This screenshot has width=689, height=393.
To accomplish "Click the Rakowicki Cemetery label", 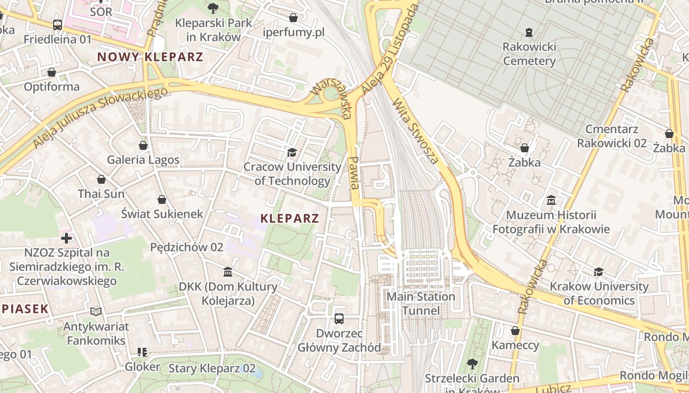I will coord(529,54).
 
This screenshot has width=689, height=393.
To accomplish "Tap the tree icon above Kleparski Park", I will coord(213,8).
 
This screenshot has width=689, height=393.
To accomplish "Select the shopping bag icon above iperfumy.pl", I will coord(293,18).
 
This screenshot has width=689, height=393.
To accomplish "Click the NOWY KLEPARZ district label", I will coord(150,57).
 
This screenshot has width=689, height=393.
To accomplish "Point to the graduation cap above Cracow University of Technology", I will coord(292,153).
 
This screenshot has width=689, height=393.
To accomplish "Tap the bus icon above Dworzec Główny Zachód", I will coord(339,318).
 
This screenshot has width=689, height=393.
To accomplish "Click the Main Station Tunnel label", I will coord(421,304).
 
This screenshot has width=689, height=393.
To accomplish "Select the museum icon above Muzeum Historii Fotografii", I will coord(551,200).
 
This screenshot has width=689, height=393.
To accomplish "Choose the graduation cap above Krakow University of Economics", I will coord(598,272).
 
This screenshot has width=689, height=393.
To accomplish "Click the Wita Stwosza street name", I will coord(415,131).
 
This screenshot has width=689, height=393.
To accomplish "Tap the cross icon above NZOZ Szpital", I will coord(66,238).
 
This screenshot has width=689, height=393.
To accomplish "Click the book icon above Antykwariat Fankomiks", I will coord(96,311).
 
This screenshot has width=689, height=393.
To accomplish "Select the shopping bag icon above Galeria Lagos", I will coord(143,145).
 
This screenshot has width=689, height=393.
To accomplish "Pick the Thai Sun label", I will coord(101,194).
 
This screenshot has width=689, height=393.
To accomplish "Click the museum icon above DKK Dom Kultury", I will coord(228,272).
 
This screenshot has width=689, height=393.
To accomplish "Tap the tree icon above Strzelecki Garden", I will coord(472,364).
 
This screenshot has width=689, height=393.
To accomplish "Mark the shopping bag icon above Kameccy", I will coord(515,331).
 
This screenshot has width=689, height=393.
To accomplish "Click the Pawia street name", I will coord(353,173).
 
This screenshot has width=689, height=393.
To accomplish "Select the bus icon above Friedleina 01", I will coord(58,25).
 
